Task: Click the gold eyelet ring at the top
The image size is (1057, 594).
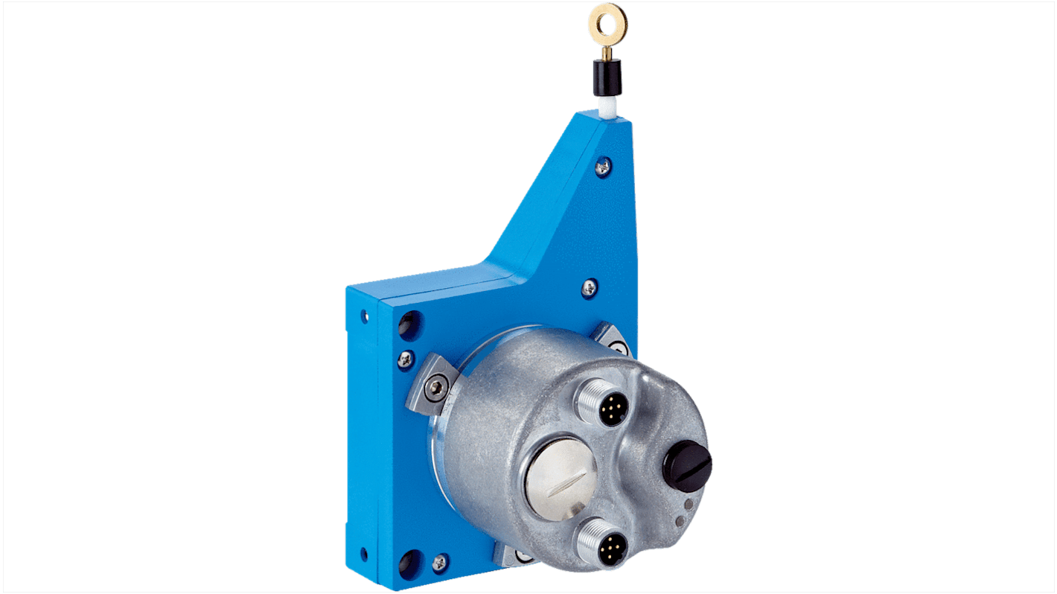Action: point(607,22)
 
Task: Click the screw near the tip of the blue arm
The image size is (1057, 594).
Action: point(603,167)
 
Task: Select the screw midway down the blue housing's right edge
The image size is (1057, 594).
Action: point(590,287)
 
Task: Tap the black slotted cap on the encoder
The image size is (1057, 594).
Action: point(687,464)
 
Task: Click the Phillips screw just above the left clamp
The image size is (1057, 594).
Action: point(406,357)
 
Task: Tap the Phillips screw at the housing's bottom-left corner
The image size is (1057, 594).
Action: point(440,563)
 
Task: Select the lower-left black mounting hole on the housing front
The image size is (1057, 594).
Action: point(408,562)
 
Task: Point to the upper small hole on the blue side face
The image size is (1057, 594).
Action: point(364,316)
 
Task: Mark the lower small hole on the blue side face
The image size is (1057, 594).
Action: point(363,554)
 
